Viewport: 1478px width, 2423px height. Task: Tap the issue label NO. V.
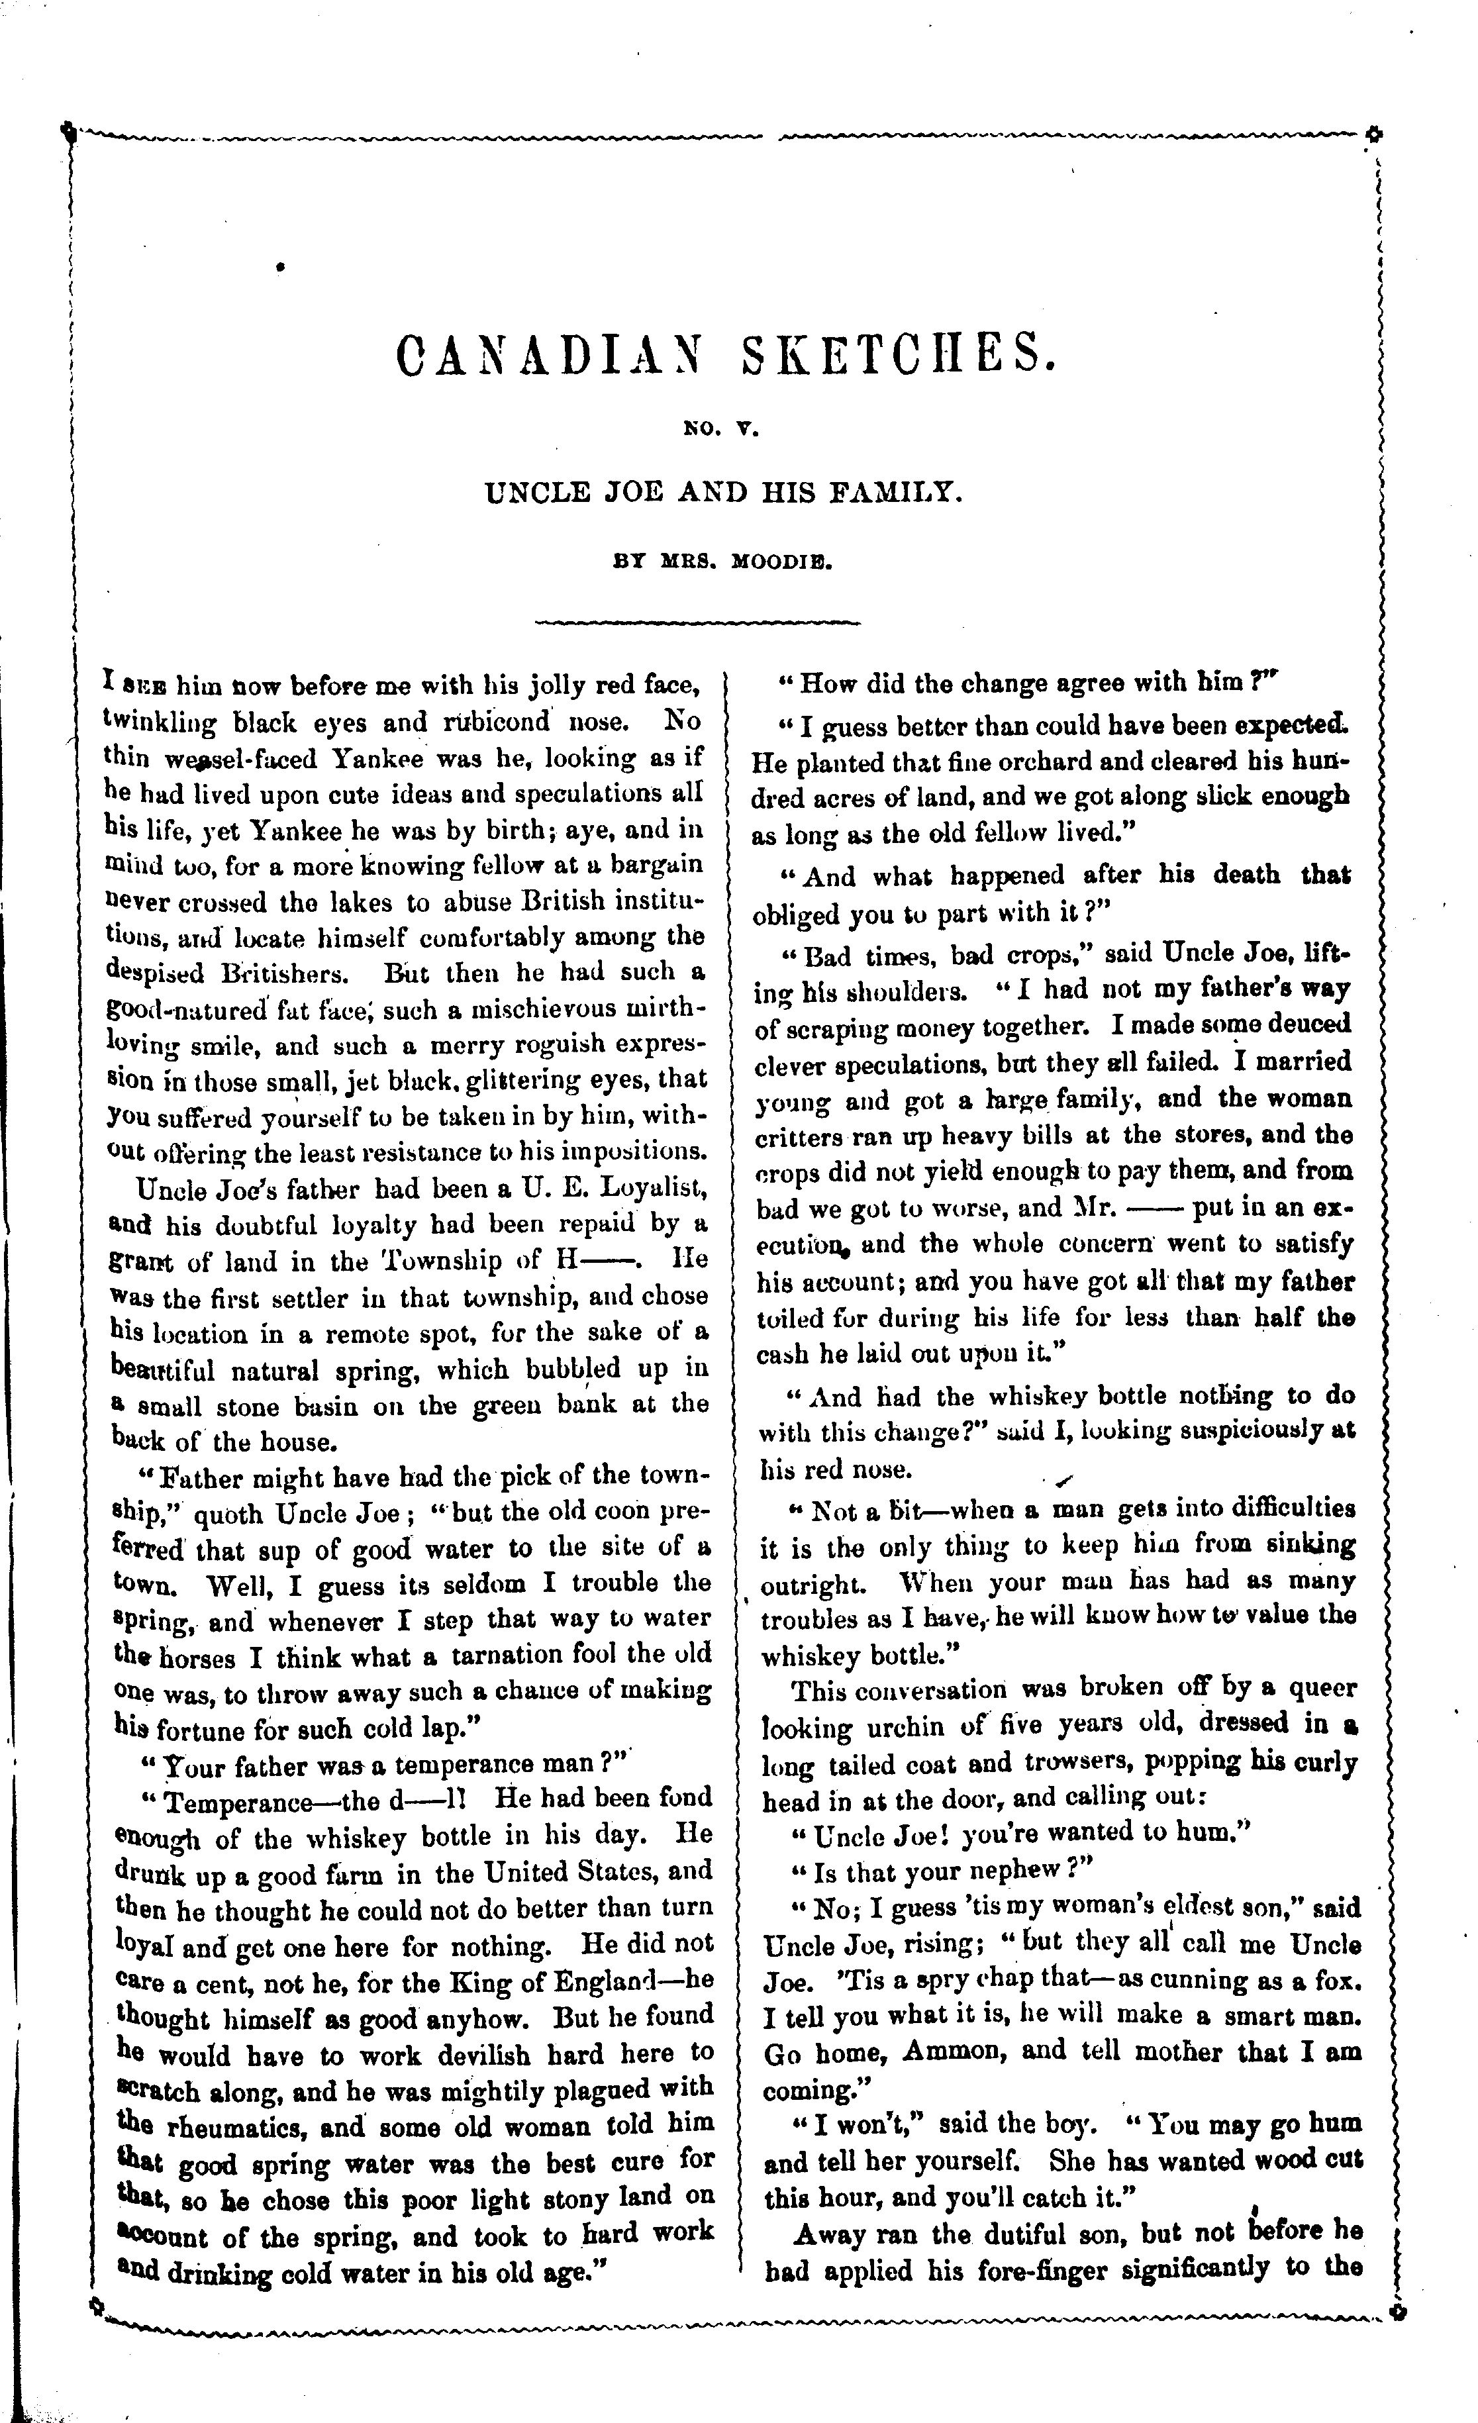point(722,428)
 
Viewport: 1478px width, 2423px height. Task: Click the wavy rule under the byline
point(696,622)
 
